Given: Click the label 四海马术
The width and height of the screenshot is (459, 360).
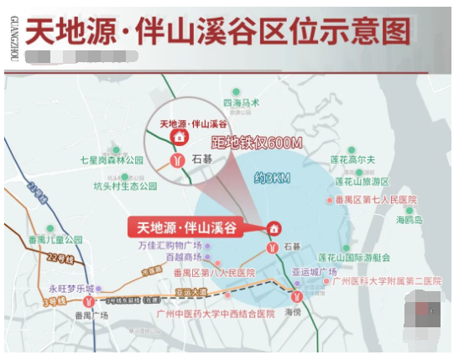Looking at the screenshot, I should [x=243, y=102].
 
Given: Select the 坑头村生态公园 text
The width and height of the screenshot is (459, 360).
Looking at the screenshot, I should [x=125, y=186].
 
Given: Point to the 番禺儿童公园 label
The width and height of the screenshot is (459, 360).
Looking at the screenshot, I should [x=55, y=239].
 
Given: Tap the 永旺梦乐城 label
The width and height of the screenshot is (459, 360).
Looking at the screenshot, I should [x=71, y=289].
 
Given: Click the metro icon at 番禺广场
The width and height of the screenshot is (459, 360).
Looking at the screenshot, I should [x=87, y=300].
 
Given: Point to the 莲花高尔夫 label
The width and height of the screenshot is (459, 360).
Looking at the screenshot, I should [x=353, y=159].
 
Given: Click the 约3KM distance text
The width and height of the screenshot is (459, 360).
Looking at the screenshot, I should [x=271, y=178].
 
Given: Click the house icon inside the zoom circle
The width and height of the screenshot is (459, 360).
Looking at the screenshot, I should [x=178, y=137].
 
